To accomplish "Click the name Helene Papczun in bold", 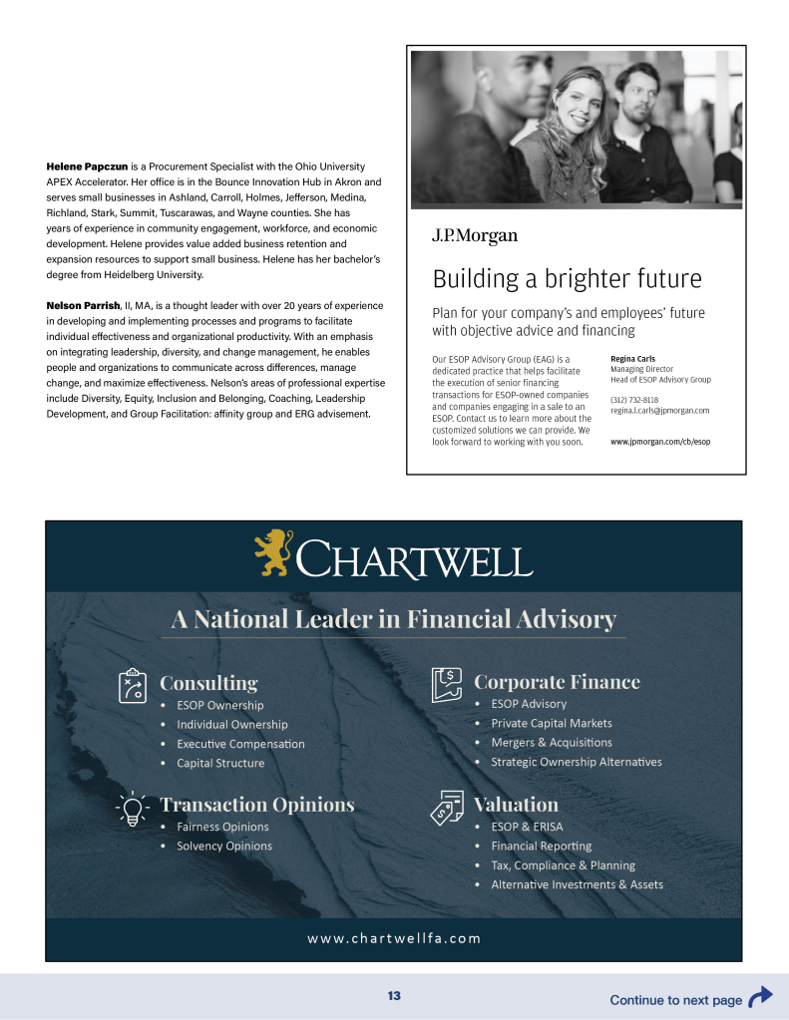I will coord(87,166).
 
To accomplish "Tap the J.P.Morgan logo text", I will coord(474,235).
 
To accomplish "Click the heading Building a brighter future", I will coord(567,278).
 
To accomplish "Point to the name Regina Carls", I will coord(632,359).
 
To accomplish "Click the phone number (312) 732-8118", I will coord(634,400).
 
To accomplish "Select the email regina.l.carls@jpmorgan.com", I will coord(659,411).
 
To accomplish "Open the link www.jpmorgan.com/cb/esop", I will coord(660,441).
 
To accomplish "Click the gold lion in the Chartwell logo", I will coord(273,552).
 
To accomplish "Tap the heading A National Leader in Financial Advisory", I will coord(393,620).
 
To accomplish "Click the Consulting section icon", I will coord(133,685).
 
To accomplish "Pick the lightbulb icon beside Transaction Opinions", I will coord(133,807).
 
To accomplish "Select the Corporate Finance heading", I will coord(557,682).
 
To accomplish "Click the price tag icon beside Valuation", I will coord(447,807).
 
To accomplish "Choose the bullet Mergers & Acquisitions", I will coord(552,743).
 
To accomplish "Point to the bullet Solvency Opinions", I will coord(223,847).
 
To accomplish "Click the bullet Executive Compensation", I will coord(240,744).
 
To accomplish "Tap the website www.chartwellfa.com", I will coord(393,938).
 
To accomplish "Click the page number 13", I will coord(394,996).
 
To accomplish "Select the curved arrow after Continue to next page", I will coord(760,997).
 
